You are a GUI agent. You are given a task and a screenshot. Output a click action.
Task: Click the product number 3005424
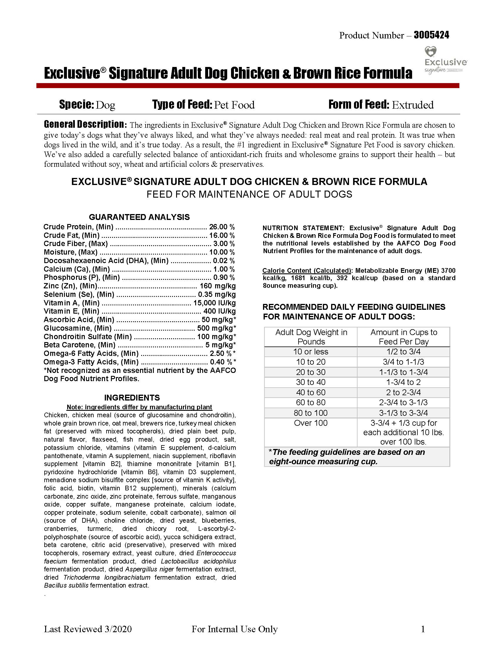(x=431, y=36)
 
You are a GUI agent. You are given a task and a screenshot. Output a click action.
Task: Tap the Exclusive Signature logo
(x=445, y=60)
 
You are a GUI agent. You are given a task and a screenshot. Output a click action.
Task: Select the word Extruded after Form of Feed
(x=413, y=105)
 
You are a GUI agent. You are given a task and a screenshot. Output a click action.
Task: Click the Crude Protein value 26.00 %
(x=222, y=227)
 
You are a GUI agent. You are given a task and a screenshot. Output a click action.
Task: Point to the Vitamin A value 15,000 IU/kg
(x=214, y=303)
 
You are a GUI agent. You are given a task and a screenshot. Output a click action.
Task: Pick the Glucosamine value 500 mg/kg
(x=216, y=328)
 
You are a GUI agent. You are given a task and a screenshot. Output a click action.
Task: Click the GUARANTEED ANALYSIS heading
(x=139, y=217)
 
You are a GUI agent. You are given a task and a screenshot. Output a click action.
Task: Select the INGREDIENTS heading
(x=132, y=398)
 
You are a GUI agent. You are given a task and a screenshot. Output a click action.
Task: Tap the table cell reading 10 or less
(x=311, y=352)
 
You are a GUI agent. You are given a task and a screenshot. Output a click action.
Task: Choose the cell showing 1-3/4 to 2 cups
(x=403, y=382)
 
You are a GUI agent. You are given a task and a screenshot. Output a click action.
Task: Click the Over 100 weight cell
(x=311, y=423)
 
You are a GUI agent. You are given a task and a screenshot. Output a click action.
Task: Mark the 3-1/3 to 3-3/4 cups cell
(x=403, y=413)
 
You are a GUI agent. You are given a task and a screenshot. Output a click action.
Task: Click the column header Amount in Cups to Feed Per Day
(x=403, y=337)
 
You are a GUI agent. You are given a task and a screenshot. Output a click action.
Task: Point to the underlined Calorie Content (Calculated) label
(x=306, y=271)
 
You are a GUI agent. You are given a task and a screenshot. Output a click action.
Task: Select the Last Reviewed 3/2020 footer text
(x=88, y=629)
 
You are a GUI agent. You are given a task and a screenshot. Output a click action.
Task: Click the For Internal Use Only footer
(x=235, y=629)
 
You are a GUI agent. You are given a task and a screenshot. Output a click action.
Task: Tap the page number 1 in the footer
(x=423, y=629)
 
